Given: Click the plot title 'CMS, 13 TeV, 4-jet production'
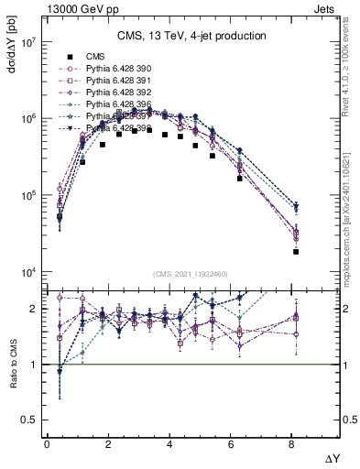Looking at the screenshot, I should pyautogui.click(x=191, y=37).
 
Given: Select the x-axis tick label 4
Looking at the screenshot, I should pyautogui.click(x=170, y=442).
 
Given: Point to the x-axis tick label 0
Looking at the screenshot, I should pyautogui.click(x=46, y=442).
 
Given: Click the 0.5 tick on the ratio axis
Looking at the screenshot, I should pyautogui.click(x=27, y=420).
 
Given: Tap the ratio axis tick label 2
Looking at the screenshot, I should pyautogui.click(x=32, y=309).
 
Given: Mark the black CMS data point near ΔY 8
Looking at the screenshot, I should pyautogui.click(x=296, y=251).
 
